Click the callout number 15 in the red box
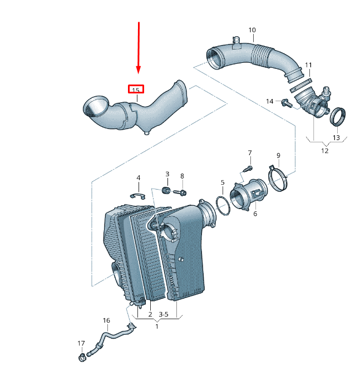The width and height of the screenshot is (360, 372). (x=136, y=90)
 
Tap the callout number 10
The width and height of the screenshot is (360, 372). (x=252, y=30)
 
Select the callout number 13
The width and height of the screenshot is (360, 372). (x=336, y=137)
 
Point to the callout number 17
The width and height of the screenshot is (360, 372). (x=81, y=343)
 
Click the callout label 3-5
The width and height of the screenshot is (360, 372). (x=164, y=315)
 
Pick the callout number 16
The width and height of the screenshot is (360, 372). (x=106, y=321)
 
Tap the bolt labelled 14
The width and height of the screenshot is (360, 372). (x=287, y=102)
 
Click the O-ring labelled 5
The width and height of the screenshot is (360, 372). (x=223, y=206)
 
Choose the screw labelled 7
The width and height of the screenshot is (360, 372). (x=249, y=167)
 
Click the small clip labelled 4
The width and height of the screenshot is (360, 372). (x=137, y=195)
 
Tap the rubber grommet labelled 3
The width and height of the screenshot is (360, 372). (x=166, y=191)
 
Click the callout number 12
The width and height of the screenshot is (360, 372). (x=325, y=150)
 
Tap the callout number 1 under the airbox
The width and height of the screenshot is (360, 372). (x=156, y=326)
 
